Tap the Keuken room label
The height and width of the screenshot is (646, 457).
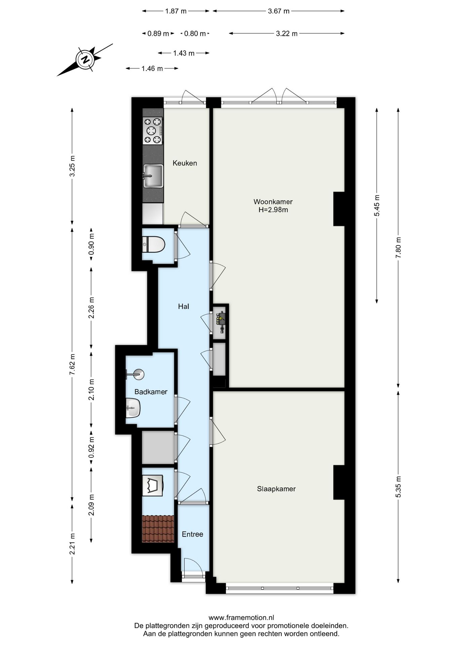185,163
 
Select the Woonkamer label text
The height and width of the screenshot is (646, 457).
273,202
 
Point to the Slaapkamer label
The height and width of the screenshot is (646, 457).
276,489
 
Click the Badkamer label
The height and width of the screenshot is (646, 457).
151,392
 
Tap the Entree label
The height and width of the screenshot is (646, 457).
192,534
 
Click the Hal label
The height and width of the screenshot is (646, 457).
184,307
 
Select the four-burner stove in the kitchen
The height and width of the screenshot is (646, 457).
153,131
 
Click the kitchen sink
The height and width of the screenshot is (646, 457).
153,176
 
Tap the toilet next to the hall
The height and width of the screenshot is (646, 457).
154,244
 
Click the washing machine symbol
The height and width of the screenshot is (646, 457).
153,486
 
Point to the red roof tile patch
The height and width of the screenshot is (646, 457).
158,529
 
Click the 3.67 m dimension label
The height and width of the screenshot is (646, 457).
279,11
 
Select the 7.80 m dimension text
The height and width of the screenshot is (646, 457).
398,248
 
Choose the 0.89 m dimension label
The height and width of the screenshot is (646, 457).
158,34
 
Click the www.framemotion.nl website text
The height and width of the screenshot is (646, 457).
241,617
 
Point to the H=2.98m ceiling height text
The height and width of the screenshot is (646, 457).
273,210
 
